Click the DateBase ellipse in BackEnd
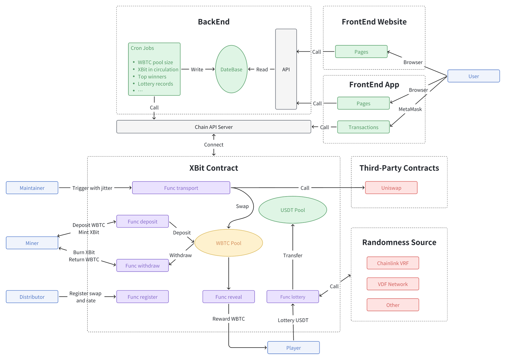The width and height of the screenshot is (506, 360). (231, 69)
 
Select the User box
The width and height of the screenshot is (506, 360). (473, 76)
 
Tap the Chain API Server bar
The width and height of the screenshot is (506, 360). (214, 127)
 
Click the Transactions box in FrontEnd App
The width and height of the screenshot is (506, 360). (363, 127)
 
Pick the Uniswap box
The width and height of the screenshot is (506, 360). (391, 188)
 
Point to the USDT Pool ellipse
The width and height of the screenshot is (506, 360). (292, 210)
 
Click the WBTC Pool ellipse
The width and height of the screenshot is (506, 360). (228, 243)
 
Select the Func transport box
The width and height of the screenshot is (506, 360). (181, 188)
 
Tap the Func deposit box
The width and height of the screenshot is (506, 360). (143, 221)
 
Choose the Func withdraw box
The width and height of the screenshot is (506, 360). (143, 265)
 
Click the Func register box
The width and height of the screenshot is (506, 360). (143, 297)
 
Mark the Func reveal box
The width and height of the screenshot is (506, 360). (229, 297)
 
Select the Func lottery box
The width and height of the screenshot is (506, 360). (292, 297)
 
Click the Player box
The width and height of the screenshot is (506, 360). (293, 348)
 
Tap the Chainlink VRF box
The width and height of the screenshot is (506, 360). (393, 263)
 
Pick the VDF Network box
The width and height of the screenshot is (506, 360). (393, 284)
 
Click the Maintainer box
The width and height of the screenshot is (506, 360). (32, 188)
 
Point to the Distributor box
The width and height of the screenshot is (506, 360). (32, 297)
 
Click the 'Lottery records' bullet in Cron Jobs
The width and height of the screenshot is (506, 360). (155, 84)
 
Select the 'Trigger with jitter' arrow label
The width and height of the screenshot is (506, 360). (92, 188)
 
